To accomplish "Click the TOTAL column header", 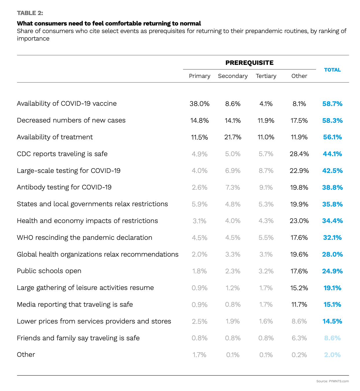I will [x=332, y=70].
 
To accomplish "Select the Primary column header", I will [x=199, y=76].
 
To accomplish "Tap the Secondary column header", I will [x=233, y=76].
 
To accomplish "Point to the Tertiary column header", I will [x=266, y=76].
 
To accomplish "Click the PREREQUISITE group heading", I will [x=249, y=63].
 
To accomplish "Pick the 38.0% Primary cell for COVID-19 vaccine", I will [x=199, y=104].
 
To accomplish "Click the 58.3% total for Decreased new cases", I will [x=332, y=120].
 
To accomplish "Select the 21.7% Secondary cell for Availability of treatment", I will [x=233, y=137].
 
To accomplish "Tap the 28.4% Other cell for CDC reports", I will [x=299, y=154].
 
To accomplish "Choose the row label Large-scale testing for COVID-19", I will [x=69, y=171].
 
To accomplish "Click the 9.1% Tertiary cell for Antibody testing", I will [x=266, y=188].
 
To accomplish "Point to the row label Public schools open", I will [x=49, y=271].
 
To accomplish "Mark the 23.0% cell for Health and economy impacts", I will [x=299, y=221].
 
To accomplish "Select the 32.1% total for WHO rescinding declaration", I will [x=332, y=238].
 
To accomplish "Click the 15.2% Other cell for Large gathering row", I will [x=299, y=288].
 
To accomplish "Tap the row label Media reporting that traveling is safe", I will [x=75, y=304].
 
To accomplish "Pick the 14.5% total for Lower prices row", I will [x=332, y=321].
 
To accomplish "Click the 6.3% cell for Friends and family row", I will [x=299, y=338].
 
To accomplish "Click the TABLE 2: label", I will [x=30, y=13].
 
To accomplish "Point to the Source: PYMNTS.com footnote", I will [x=333, y=381].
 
